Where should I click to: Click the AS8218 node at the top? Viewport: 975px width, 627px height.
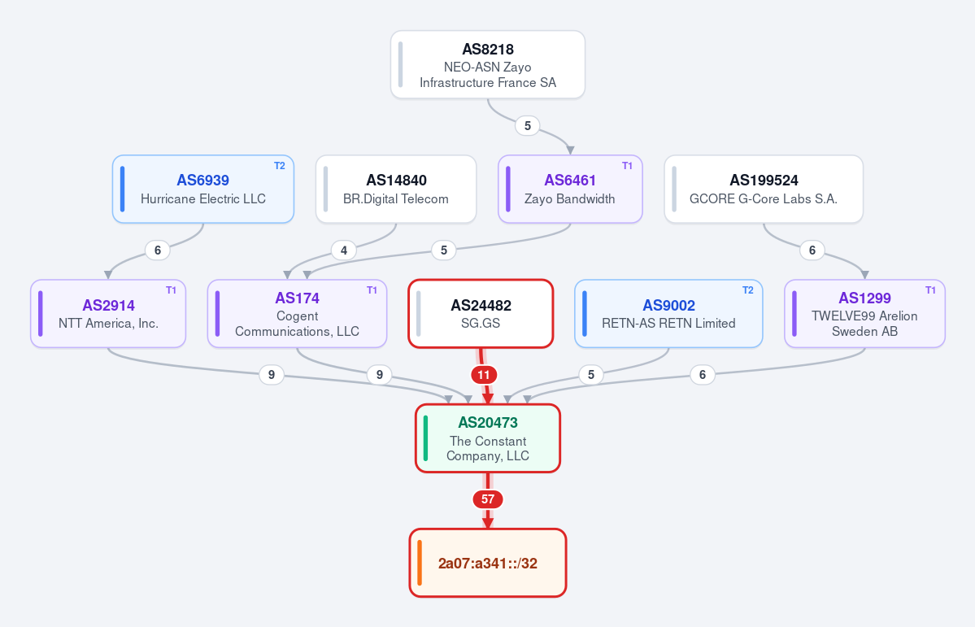coord(488,65)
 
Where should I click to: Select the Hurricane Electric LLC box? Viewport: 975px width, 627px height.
coord(202,189)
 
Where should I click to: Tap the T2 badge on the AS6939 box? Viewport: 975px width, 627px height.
coord(280,166)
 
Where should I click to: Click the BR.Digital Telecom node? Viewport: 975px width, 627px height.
coord(396,189)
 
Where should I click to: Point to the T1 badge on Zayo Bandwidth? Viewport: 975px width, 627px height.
coord(628,166)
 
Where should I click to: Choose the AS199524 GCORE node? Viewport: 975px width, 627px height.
coord(764,189)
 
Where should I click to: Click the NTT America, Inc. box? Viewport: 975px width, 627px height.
coord(108,314)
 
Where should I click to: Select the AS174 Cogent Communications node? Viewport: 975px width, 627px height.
coord(298,314)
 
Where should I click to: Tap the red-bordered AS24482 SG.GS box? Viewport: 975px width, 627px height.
coord(481,314)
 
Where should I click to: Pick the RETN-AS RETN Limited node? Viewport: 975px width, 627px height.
coord(668,314)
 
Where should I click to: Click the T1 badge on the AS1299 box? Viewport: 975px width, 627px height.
coord(931,290)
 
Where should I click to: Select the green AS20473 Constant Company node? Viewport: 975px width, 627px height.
coord(488,438)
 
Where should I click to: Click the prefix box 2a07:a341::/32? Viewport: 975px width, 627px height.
coord(488,563)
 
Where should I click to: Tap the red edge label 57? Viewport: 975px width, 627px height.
coord(488,499)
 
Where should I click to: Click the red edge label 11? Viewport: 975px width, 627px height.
coord(484,375)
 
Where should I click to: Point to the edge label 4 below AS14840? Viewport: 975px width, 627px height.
coord(344,250)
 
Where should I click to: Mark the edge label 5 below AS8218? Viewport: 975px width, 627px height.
coord(527,126)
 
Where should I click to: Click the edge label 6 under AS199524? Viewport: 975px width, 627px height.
coord(812,250)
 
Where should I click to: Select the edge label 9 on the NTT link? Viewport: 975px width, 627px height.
coord(271,374)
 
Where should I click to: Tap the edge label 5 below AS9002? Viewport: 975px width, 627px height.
coord(590,374)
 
